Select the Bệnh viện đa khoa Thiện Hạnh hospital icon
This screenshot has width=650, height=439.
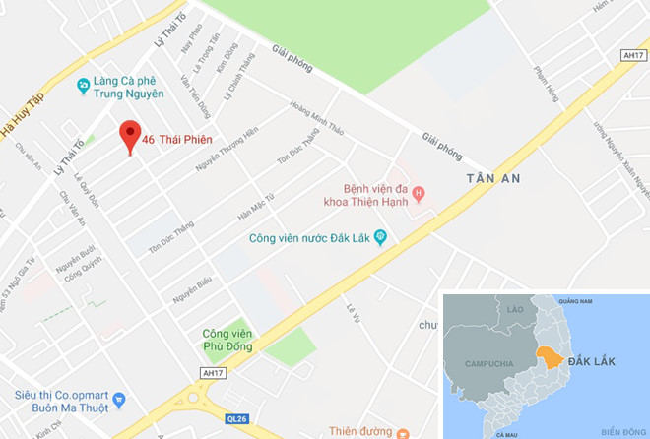(x=420, y=193)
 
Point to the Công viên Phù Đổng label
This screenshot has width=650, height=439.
(x=227, y=340)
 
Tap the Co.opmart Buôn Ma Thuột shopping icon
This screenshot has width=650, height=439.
(x=120, y=400)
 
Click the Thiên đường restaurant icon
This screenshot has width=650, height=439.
(x=403, y=432)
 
